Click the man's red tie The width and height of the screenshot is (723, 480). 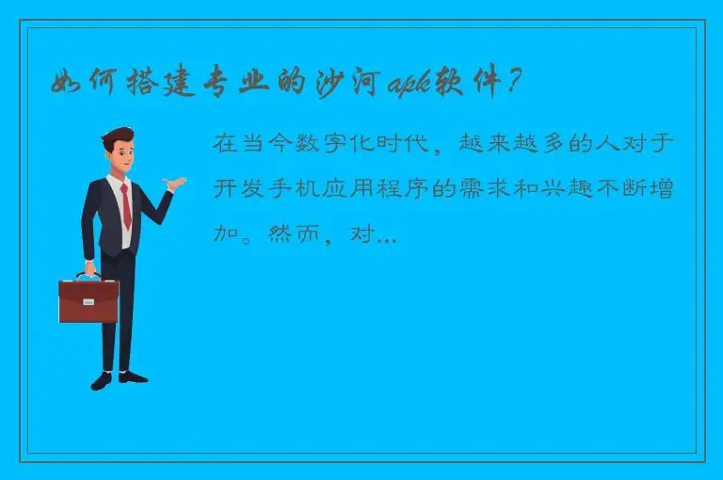click(x=125, y=206)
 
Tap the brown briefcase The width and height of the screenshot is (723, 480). click(x=88, y=300)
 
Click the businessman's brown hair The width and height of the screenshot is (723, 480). click(x=116, y=136)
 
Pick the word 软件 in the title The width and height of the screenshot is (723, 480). click(x=466, y=84)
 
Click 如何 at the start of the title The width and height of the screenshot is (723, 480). click(x=78, y=84)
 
